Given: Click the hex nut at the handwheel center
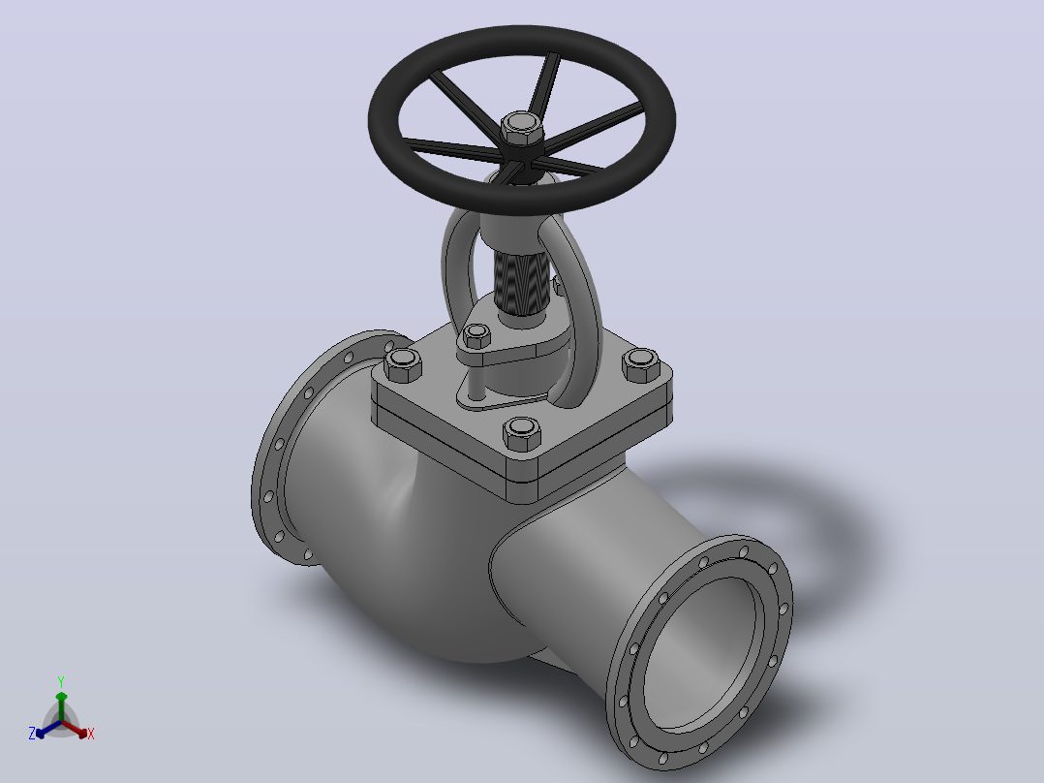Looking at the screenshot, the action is click(x=521, y=129).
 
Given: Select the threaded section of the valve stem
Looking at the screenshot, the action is click(x=522, y=282).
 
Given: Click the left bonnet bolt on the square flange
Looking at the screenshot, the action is click(x=403, y=364).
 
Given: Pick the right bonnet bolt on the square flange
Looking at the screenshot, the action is click(x=640, y=365).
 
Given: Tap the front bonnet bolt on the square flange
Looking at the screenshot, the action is click(x=521, y=433).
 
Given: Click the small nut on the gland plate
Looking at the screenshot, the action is click(x=476, y=336).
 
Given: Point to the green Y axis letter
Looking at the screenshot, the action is click(x=61, y=681).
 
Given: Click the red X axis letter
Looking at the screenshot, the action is click(x=91, y=734).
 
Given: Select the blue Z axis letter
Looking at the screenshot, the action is click(x=32, y=733).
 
